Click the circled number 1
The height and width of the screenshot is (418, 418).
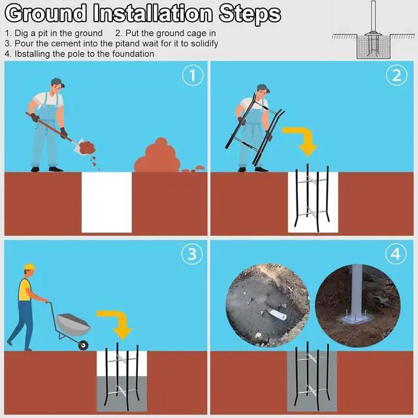tap(193, 76)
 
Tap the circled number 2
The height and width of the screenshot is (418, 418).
tap(396, 76)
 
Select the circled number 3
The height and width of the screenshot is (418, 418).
tap(192, 254)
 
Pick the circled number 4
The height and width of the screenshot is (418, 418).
tap(396, 254)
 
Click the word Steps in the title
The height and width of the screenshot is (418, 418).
tap(249, 14)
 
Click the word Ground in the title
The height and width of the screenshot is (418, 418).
tap(46, 13)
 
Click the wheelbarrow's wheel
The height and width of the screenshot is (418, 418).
tap(83, 345)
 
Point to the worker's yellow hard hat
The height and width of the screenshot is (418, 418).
tap(29, 267)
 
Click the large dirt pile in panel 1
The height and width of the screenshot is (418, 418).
tap(157, 157)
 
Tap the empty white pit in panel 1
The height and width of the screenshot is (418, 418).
tap(106, 202)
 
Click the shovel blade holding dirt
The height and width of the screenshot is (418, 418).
tap(80, 146)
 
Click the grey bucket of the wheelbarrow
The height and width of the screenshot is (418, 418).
tap(74, 324)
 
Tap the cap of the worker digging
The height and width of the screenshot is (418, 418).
tap(57, 82)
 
